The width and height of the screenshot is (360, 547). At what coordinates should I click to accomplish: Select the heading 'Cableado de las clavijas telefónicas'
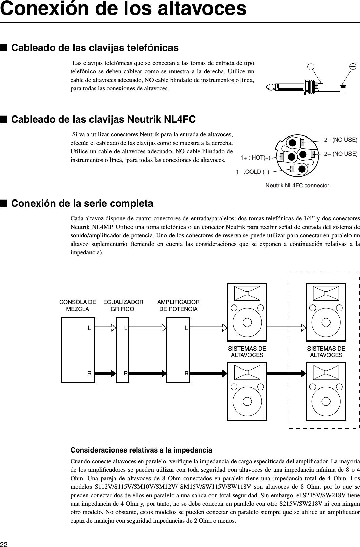(x=95, y=48)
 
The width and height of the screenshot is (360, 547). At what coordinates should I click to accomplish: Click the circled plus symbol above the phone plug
(x=310, y=67)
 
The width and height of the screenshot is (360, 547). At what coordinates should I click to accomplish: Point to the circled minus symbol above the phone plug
(x=353, y=66)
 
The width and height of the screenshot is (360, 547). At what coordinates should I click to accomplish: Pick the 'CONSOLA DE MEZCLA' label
(x=78, y=305)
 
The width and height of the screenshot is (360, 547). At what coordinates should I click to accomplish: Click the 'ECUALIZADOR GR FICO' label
(x=123, y=305)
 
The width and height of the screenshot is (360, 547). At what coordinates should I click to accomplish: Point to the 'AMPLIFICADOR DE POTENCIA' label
(x=179, y=305)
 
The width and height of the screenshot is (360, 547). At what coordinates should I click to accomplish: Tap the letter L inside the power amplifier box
(x=186, y=328)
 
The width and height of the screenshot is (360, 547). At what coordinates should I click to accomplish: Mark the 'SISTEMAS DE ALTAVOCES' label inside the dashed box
(x=326, y=352)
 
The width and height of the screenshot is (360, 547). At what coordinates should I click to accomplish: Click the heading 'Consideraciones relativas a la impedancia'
(x=141, y=450)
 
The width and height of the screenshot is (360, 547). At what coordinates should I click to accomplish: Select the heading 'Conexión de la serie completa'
(x=82, y=204)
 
